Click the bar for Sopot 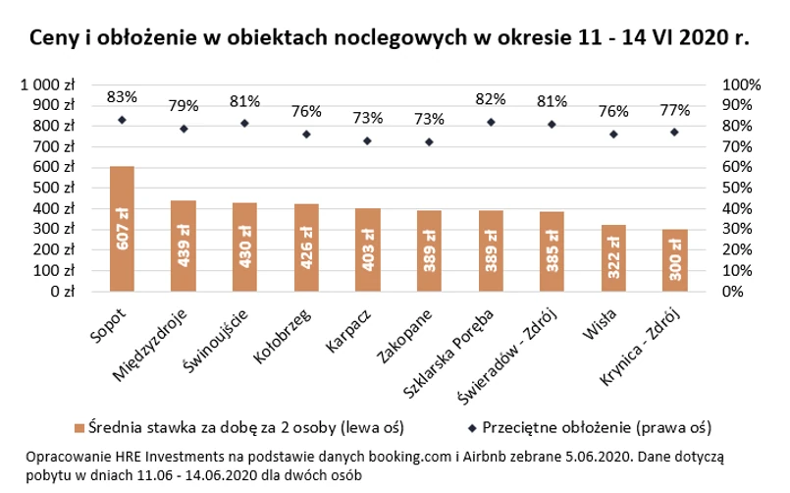122,229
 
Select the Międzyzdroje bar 184,246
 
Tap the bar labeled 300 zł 674,260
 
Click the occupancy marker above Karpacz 367,140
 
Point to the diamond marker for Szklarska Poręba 490,122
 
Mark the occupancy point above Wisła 613,134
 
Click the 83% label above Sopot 122,97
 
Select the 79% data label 184,105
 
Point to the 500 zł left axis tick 57,188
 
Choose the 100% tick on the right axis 741,84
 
